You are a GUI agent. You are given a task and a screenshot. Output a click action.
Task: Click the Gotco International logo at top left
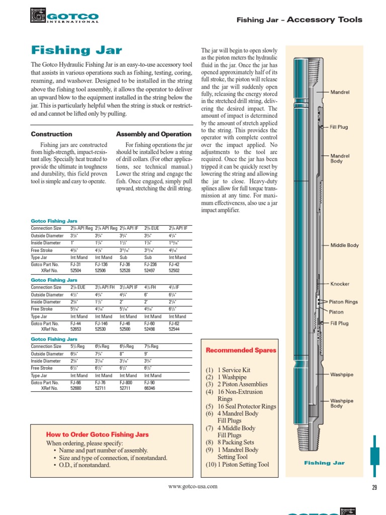(65, 16)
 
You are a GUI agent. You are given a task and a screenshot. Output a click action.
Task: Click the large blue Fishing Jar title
(76, 50)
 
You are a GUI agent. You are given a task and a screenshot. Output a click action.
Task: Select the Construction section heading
(51, 134)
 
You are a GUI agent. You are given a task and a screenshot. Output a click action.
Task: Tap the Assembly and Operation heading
(154, 134)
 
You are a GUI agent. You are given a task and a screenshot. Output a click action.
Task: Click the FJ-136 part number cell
(102, 264)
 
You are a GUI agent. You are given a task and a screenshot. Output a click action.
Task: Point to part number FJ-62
(175, 323)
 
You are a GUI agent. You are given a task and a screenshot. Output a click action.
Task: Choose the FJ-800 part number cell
(126, 383)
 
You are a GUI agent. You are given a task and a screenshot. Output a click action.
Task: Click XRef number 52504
(76, 270)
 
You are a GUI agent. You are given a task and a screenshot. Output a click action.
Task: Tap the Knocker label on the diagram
(340, 284)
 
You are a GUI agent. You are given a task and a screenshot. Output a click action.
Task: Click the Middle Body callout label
(344, 245)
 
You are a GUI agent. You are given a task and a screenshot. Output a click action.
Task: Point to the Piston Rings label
(343, 302)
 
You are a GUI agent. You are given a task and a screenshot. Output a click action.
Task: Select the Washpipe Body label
(341, 403)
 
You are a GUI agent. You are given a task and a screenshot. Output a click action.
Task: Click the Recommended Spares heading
(241, 350)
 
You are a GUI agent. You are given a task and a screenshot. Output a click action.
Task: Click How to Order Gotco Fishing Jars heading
(98, 435)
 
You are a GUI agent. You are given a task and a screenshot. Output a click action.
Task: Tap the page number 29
(373, 486)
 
